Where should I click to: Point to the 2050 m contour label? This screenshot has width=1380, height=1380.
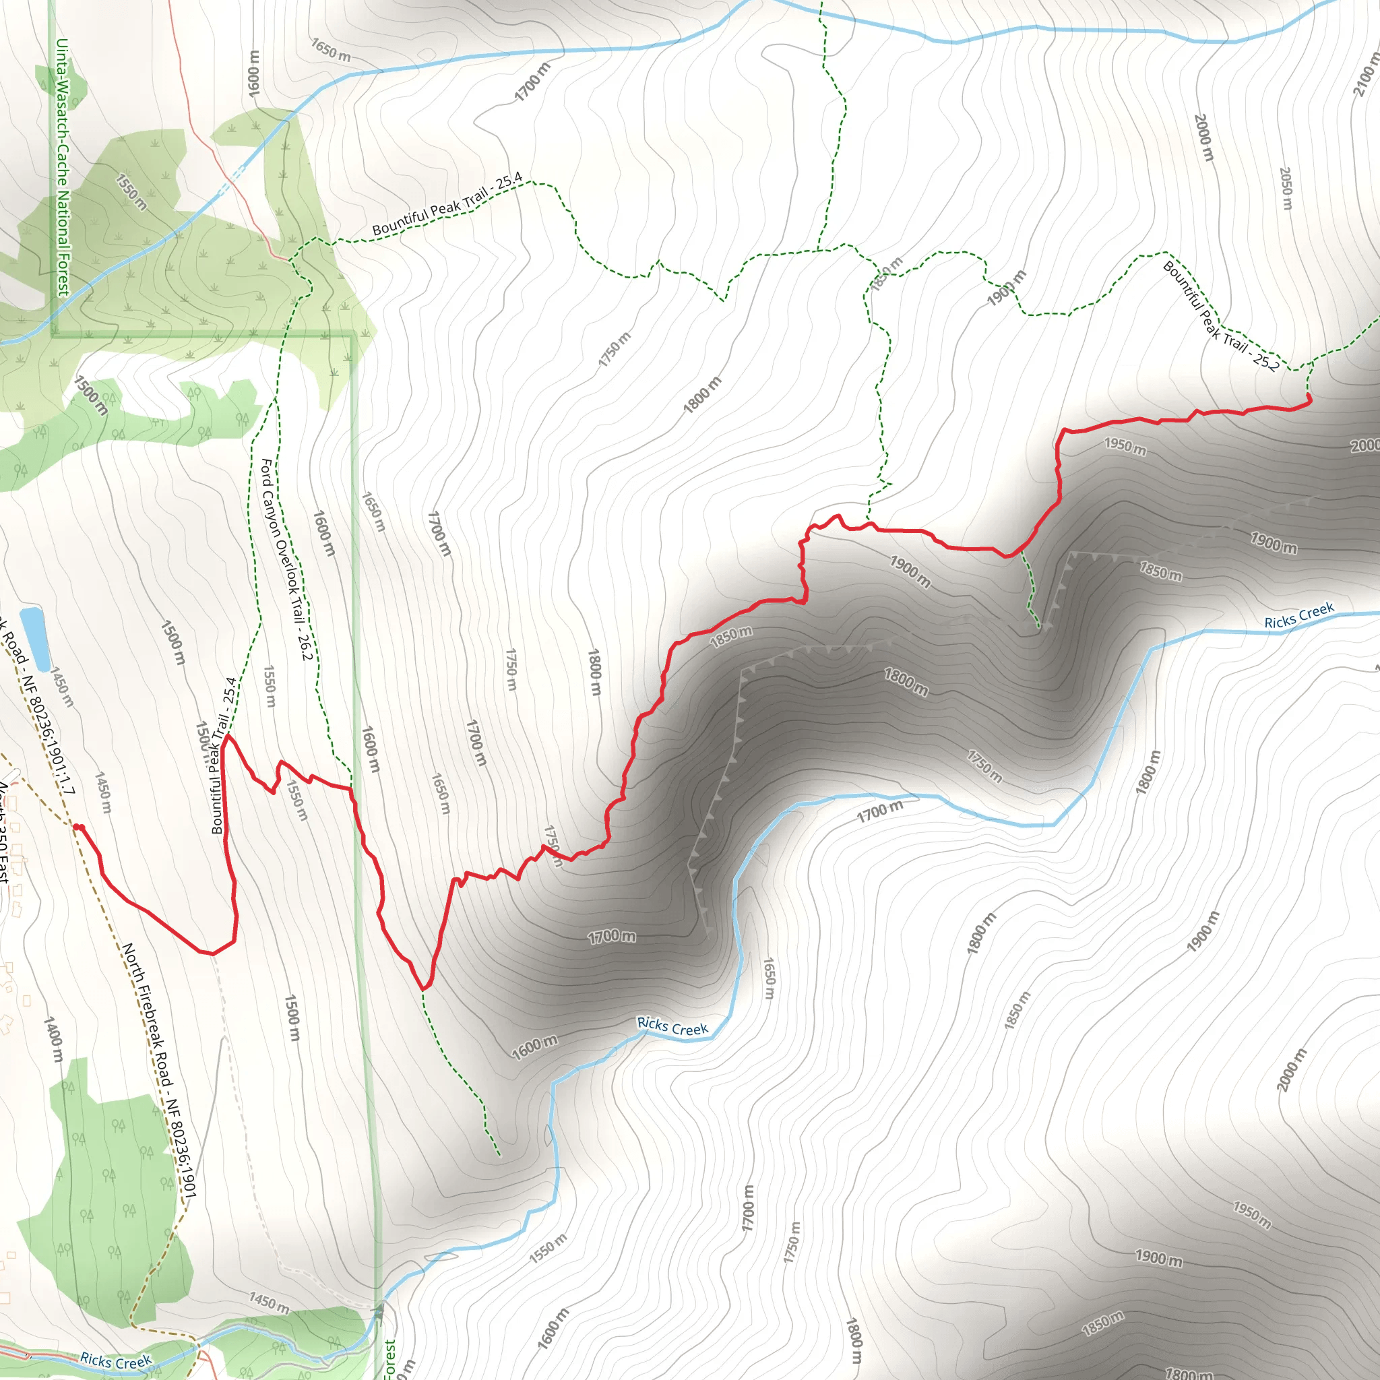pyautogui.click(x=1286, y=189)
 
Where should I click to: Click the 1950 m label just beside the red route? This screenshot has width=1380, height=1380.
pyautogui.click(x=1126, y=447)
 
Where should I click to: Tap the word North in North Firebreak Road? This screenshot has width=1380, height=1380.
pyautogui.click(x=131, y=959)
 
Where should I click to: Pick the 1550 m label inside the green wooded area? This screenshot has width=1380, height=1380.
pyautogui.click(x=131, y=193)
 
